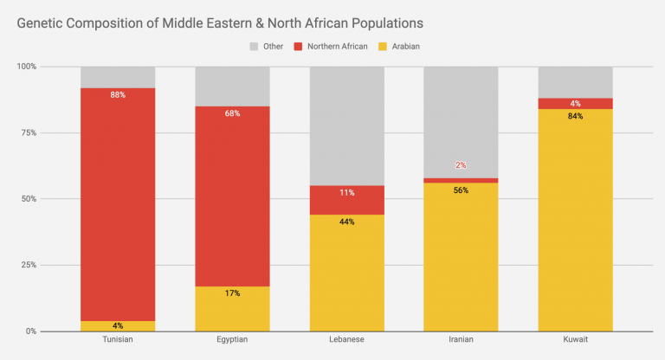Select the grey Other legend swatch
pos(255,46)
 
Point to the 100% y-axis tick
pos(26,67)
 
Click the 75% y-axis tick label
pos(28,132)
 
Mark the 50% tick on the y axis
pos(28,199)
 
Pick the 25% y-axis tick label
pos(28,265)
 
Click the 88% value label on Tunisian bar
pos(118,94)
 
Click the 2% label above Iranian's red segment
pos(461,165)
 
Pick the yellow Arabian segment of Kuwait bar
pos(575,225)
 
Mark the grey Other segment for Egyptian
pos(232,86)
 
